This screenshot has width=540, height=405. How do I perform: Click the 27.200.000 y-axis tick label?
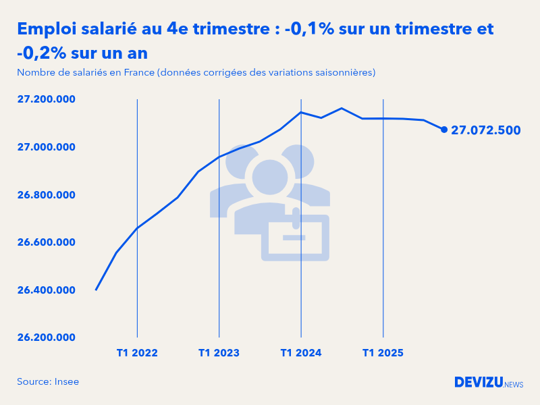tap(46, 100)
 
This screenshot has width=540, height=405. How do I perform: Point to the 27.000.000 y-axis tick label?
tap(46, 147)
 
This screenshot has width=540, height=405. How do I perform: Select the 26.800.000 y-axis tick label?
tap(46, 195)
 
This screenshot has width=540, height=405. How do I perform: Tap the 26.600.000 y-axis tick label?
tap(46, 242)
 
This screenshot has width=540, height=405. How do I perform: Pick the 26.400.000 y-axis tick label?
tap(46, 290)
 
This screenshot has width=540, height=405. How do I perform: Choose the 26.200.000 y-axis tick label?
tap(46, 337)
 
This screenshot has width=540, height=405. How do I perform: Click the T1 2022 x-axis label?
tap(137, 353)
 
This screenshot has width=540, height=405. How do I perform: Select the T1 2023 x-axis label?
tap(219, 353)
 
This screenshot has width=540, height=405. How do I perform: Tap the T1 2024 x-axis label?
tap(301, 353)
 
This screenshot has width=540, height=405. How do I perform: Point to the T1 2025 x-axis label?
tap(383, 353)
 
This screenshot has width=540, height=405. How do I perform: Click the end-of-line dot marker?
tap(444, 130)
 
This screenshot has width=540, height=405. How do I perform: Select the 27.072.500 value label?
tap(485, 130)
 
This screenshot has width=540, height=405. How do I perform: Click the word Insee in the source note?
tap(67, 382)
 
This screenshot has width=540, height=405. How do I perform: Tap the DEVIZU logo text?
tap(479, 382)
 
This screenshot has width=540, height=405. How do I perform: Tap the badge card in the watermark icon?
tap(295, 238)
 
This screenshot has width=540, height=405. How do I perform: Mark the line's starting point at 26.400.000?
tap(96, 290)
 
